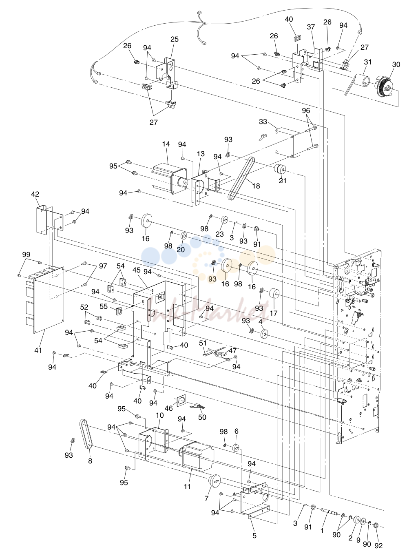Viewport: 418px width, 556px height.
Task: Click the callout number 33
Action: point(263,122)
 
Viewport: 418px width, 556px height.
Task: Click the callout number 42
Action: point(35,194)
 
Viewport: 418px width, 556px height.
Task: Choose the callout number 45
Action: point(137,270)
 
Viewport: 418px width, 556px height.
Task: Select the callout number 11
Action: point(187,486)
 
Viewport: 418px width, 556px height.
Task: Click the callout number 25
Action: point(175,39)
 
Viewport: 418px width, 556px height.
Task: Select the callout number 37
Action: point(311,27)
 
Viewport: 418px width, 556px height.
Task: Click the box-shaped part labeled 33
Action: point(288,142)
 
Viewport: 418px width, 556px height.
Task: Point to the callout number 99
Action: point(26,254)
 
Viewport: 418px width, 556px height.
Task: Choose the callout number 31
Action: point(368,62)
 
